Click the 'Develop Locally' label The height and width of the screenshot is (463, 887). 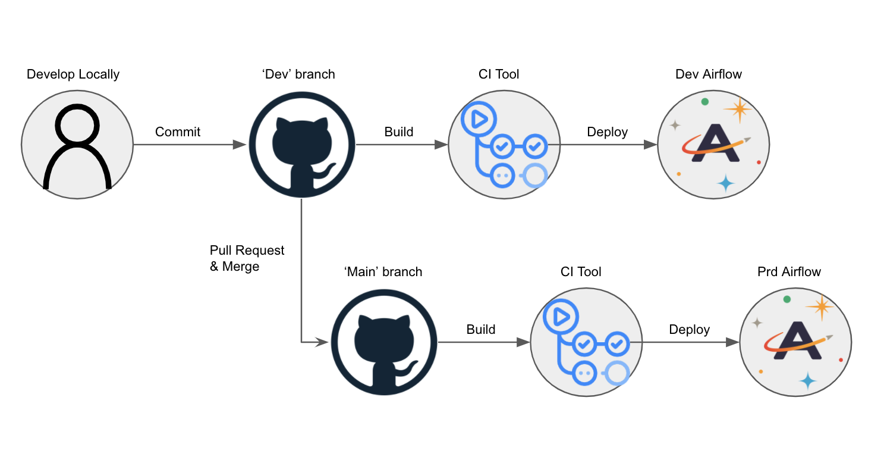coord(73,74)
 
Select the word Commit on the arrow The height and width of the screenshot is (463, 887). coord(178,132)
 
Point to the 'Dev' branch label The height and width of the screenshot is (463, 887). coord(298,74)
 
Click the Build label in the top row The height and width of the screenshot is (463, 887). coord(398,132)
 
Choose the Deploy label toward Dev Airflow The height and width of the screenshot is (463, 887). coord(607,132)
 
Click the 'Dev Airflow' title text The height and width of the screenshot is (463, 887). coord(709,74)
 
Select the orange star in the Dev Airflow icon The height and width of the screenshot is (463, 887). coord(738,110)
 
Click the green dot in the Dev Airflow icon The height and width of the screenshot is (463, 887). coord(705,102)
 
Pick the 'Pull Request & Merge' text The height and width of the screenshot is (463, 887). coord(247,258)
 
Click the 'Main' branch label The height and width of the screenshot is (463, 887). coord(383,272)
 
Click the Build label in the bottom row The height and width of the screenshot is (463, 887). coord(480,330)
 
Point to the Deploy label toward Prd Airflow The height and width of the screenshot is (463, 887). coord(689,330)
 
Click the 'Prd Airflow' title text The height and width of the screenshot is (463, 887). coord(789,272)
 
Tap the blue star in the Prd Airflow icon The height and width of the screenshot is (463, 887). coord(807,380)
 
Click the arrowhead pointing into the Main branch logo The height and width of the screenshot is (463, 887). coord(323,342)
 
